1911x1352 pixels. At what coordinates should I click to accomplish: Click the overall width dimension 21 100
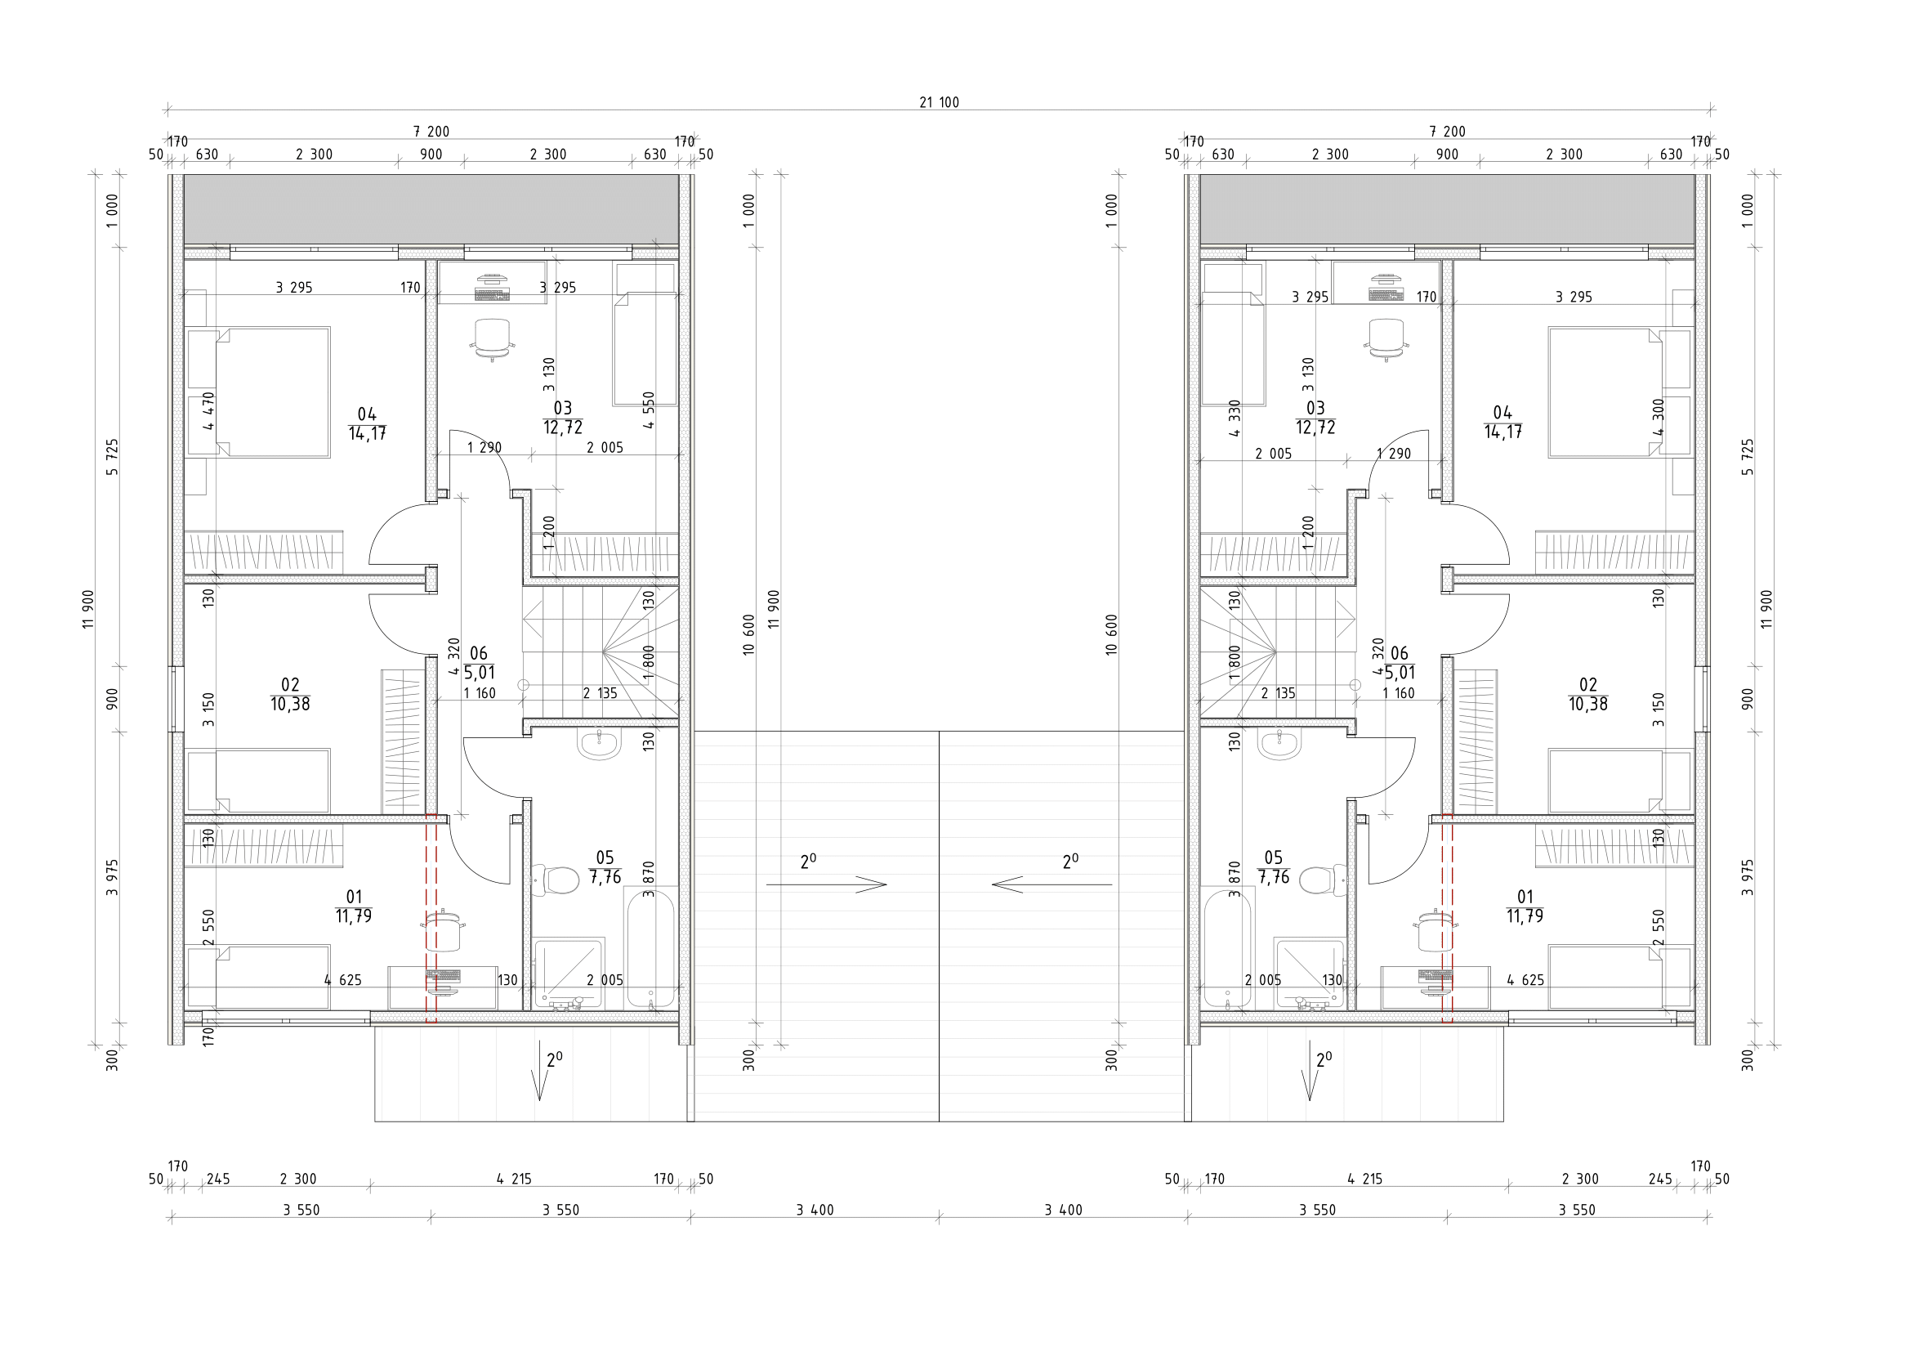[x=939, y=102]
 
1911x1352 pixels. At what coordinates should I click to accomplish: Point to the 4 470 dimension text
[x=208, y=410]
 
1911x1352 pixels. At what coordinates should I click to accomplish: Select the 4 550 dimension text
[x=649, y=410]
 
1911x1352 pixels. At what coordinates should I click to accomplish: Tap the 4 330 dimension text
[x=1235, y=419]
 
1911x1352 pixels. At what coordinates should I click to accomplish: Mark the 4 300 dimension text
[x=1658, y=417]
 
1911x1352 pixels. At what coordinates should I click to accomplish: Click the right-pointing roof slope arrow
[x=827, y=884]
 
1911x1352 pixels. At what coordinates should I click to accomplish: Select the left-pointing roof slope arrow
[x=1051, y=884]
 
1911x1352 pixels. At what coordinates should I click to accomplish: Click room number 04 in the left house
[x=367, y=414]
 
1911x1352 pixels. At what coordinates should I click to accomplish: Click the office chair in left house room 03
[x=492, y=339]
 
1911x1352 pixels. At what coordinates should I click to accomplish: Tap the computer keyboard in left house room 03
[x=492, y=294]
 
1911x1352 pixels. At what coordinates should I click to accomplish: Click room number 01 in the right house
[x=1525, y=897]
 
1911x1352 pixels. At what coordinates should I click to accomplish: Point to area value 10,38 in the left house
[x=290, y=705]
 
